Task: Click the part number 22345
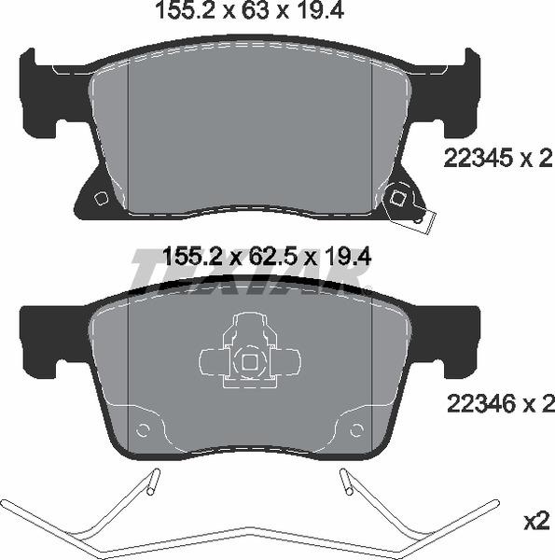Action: (x=479, y=160)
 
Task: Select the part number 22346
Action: (x=479, y=403)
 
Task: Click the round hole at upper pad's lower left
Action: (x=102, y=198)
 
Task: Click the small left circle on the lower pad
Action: (x=143, y=429)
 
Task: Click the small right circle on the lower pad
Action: (x=355, y=429)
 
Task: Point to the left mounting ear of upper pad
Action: (x=42, y=93)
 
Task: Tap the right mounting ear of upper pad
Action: (x=457, y=93)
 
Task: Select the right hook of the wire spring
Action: (x=346, y=483)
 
